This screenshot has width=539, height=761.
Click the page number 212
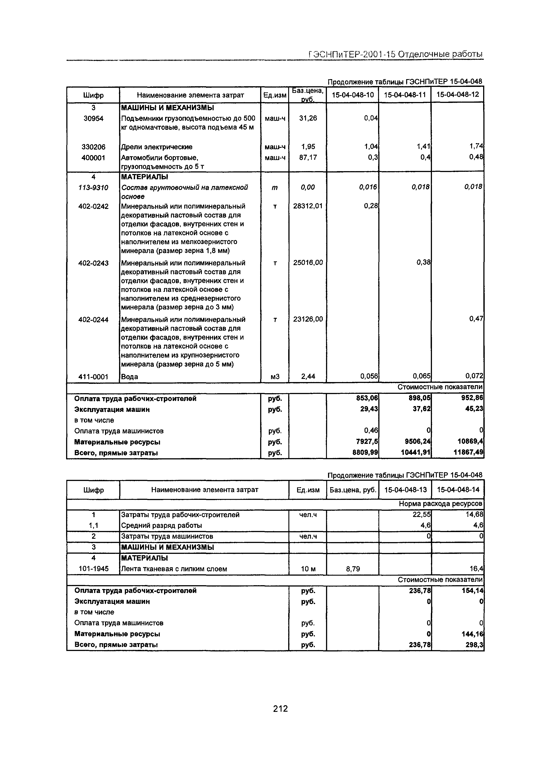(x=280, y=709)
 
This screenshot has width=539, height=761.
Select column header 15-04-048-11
(x=405, y=95)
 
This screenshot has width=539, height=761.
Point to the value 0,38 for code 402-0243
(x=423, y=262)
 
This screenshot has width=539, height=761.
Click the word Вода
(x=130, y=376)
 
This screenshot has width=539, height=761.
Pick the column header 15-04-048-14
(x=458, y=490)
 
